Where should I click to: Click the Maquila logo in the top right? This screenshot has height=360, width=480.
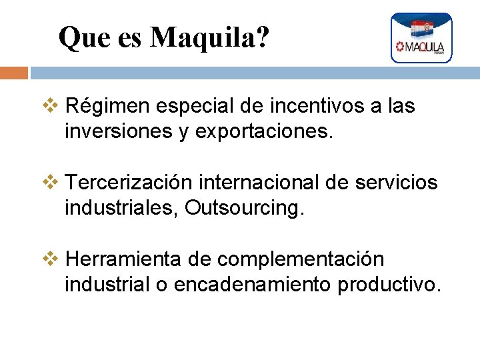pyautogui.click(x=421, y=38)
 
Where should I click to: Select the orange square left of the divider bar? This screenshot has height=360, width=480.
pyautogui.click(x=13, y=73)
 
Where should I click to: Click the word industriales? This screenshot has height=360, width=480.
pyautogui.click(x=121, y=209)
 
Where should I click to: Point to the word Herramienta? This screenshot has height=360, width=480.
pyautogui.click(x=122, y=259)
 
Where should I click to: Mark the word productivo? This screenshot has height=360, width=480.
pyautogui.click(x=389, y=285)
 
